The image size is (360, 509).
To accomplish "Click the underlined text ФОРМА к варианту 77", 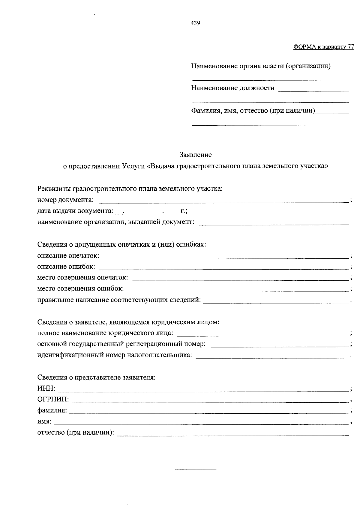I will (x=323, y=47).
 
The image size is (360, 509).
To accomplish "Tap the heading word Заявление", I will (x=195, y=155).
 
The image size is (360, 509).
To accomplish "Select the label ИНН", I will (x=46, y=388).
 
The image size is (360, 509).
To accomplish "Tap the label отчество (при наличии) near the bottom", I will (x=76, y=433).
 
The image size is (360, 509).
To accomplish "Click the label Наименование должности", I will (x=232, y=88).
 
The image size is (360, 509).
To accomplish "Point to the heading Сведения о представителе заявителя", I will (x=96, y=377).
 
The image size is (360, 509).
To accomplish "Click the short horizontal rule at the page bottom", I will (x=195, y=469).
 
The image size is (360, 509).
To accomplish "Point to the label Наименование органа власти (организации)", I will (x=261, y=66).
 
